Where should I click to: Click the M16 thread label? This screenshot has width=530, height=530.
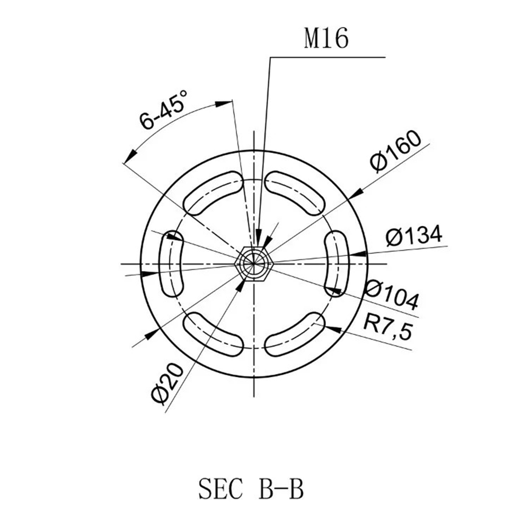point(326,39)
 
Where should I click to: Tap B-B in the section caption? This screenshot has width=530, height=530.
point(281,489)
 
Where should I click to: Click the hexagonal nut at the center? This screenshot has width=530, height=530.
point(254,263)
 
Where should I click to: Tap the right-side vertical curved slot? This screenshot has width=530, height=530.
point(336,263)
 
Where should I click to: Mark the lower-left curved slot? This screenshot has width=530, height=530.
point(212,334)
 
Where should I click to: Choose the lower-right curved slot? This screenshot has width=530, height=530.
point(295,334)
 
